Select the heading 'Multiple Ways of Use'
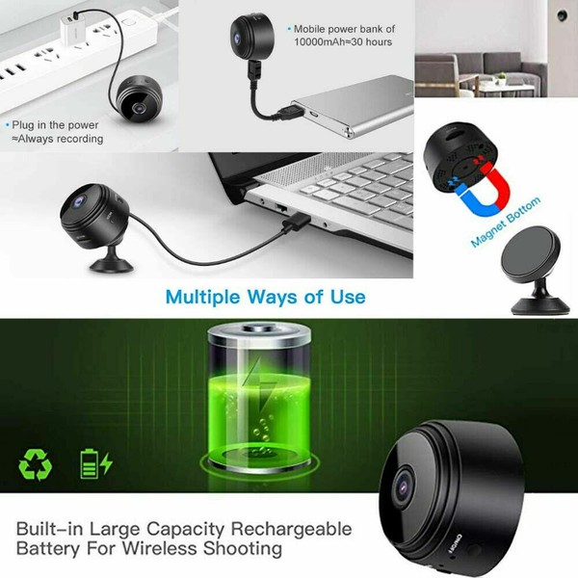click(x=265, y=296)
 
